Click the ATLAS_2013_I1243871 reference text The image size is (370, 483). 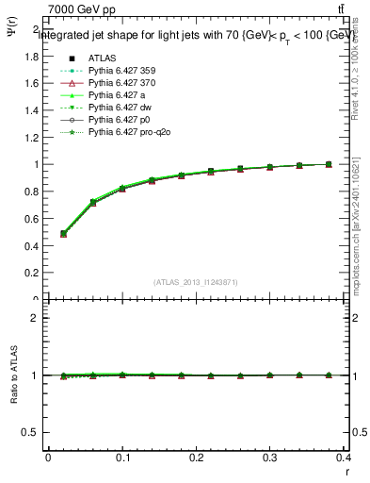point(196,282)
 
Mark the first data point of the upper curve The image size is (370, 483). point(63,233)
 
